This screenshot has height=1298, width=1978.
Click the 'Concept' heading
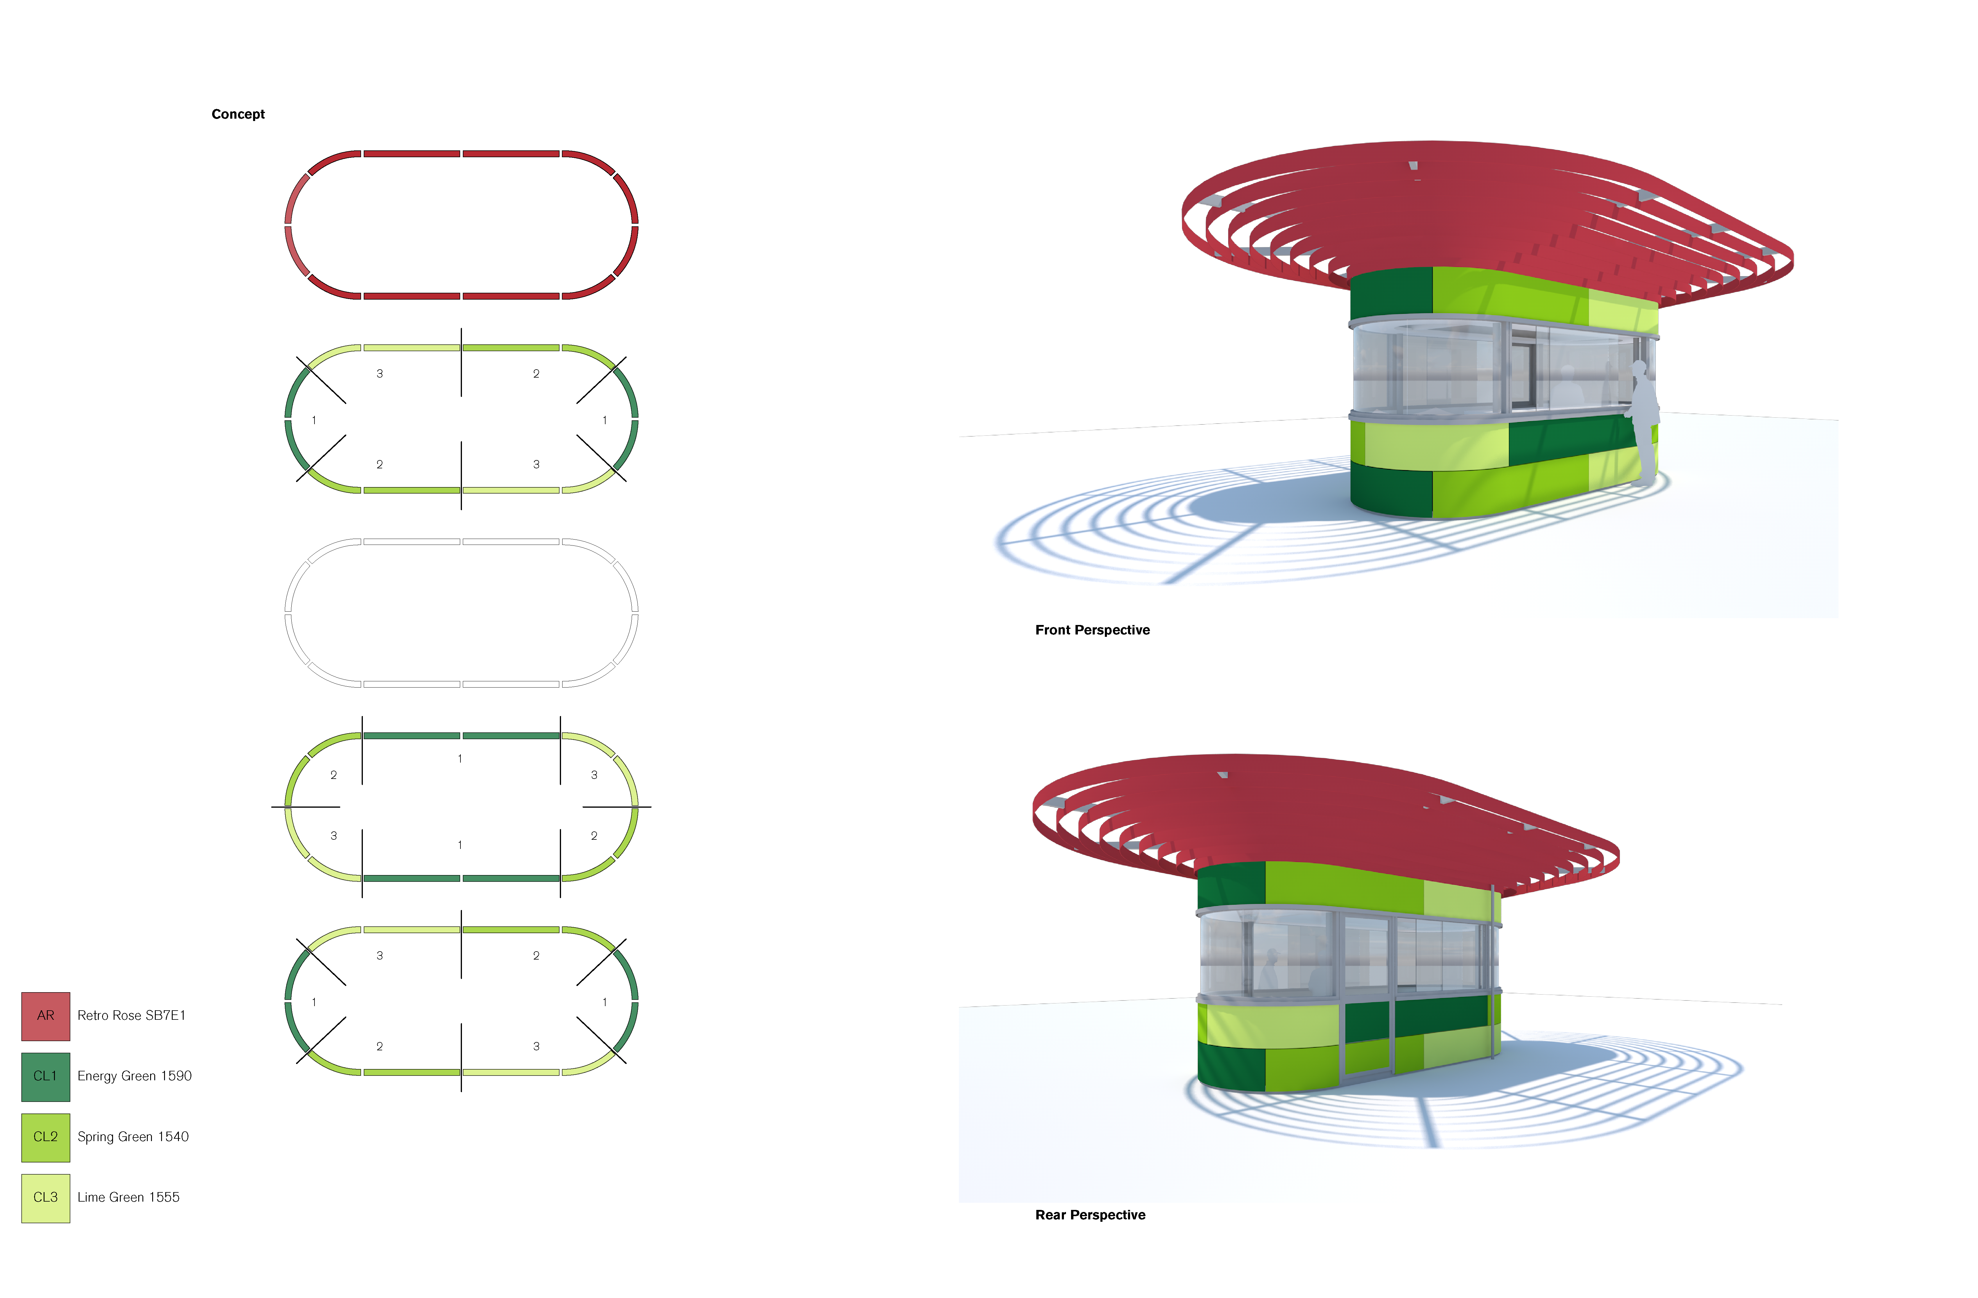(238, 114)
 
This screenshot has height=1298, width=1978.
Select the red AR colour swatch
(46, 1015)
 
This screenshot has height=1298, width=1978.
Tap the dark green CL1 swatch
(46, 1076)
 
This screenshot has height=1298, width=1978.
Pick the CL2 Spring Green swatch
(46, 1137)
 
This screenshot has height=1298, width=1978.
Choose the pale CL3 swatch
(46, 1197)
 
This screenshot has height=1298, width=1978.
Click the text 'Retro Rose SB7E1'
(131, 1015)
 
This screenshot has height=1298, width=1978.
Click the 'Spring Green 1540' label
(133, 1137)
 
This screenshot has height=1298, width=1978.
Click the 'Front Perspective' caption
(1092, 630)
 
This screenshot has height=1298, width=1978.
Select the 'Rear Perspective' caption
(1089, 1215)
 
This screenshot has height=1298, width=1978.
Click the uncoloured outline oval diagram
(461, 613)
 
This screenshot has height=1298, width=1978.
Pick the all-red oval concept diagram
(461, 224)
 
